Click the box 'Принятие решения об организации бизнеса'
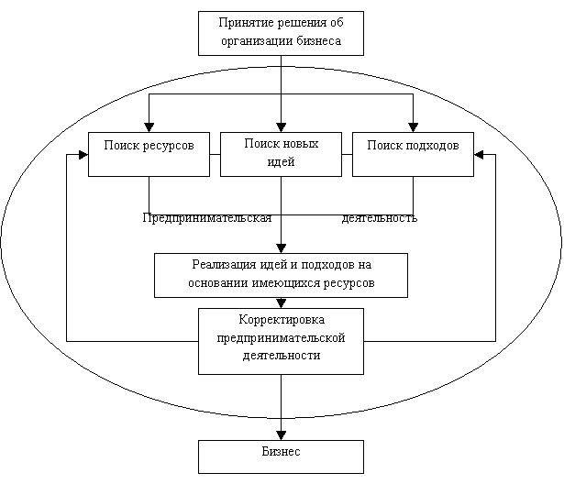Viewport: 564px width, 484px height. click(281, 33)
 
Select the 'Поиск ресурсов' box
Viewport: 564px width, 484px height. click(149, 154)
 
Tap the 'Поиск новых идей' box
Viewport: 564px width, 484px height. click(281, 154)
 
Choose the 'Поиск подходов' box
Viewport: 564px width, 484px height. click(413, 154)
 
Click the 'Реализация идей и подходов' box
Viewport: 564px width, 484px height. click(281, 275)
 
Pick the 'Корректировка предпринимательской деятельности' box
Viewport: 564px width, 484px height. click(281, 341)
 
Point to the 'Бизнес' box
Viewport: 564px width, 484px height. click(281, 456)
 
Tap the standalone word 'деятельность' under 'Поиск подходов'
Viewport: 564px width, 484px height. click(379, 218)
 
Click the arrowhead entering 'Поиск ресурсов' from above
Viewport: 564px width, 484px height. click(149, 127)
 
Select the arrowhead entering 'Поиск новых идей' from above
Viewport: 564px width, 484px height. click(281, 127)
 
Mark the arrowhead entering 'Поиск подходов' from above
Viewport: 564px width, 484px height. click(413, 127)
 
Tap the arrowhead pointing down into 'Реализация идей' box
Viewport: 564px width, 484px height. click(281, 248)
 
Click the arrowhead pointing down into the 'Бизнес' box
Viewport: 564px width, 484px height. click(281, 434)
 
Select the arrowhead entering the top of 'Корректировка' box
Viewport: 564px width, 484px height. click(281, 303)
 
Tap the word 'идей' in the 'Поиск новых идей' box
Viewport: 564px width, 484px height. click(281, 162)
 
